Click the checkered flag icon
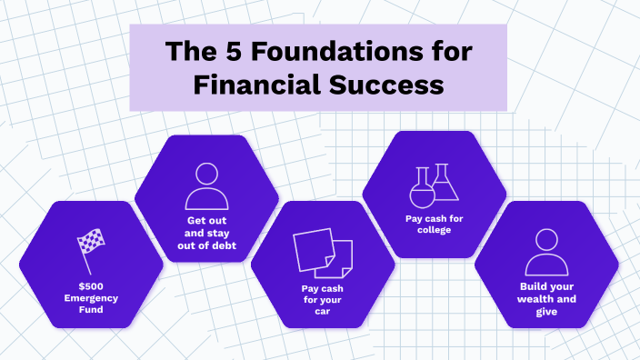coord(91,251)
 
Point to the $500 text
coord(91,286)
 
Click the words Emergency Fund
coord(91,304)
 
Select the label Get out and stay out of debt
coord(206,233)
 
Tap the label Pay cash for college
coord(435,224)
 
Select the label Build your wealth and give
coord(545,298)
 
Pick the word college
coord(435,230)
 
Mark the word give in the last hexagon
coord(545,311)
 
